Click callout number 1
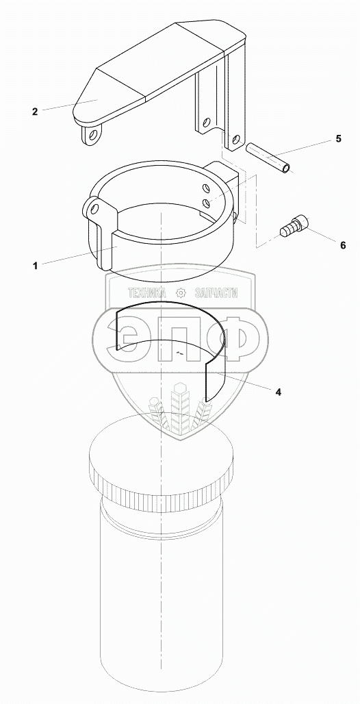(x=35, y=266)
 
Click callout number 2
(x=35, y=112)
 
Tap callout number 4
(x=279, y=392)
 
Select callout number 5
(x=338, y=139)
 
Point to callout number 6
(x=342, y=245)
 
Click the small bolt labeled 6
(x=294, y=226)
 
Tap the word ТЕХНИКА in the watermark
(x=146, y=293)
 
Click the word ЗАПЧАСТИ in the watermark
(x=216, y=293)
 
